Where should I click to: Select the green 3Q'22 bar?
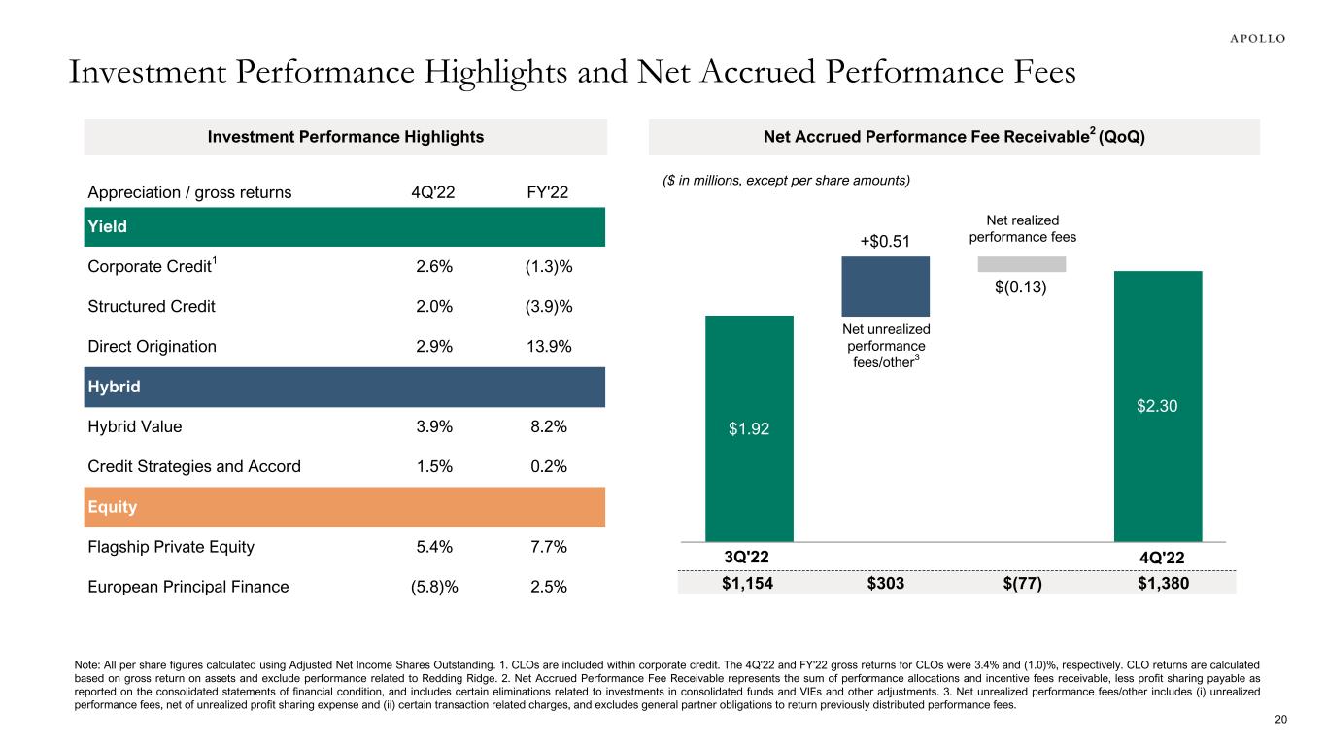point(749,427)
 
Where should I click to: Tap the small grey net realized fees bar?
point(1021,264)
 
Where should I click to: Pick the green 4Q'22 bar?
point(1157,405)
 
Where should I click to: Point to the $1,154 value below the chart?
point(749,583)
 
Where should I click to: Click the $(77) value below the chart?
point(1021,583)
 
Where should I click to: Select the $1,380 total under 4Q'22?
point(1157,583)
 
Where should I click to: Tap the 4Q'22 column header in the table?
point(430,192)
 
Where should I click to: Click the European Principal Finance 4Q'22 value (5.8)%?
point(430,587)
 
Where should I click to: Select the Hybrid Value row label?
point(135,426)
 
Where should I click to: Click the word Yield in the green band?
point(108,226)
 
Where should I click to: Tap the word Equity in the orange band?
point(112,507)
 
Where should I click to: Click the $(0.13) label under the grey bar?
point(1021,288)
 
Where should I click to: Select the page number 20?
point(1279,720)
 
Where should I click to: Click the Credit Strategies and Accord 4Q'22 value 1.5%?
point(430,466)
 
